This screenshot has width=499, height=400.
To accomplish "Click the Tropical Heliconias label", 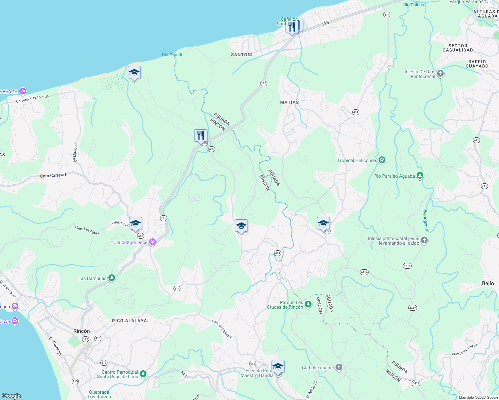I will [357, 160].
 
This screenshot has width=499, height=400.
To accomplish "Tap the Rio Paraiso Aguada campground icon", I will [420, 176].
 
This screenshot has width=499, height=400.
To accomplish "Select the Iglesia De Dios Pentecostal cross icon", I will [440, 74].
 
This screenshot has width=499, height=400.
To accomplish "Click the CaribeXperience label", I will [130, 242].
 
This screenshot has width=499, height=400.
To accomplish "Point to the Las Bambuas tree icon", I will [112, 278].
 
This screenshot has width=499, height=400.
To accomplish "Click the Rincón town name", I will [82, 331].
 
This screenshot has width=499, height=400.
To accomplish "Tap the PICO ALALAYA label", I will [129, 321].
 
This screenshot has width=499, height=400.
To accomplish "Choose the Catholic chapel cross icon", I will [339, 367].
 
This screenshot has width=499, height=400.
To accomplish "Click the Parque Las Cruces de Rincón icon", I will [308, 304].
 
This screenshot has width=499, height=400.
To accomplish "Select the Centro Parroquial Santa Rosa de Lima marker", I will [143, 374].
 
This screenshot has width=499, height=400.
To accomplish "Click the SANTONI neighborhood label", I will [242, 55].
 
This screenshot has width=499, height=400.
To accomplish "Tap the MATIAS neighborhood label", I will [290, 102].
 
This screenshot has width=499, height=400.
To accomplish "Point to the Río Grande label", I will [172, 55].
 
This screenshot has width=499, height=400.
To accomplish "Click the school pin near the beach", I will [134, 73].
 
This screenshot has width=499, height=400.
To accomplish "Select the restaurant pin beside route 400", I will [201, 136].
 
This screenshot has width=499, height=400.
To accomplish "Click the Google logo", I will [11, 396].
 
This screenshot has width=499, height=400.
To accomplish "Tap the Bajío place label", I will [488, 283].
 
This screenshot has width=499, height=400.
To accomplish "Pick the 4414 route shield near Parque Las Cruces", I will [364, 272].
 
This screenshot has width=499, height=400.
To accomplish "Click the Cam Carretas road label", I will [53, 175].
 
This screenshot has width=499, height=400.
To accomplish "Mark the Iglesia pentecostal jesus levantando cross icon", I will [424, 240].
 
